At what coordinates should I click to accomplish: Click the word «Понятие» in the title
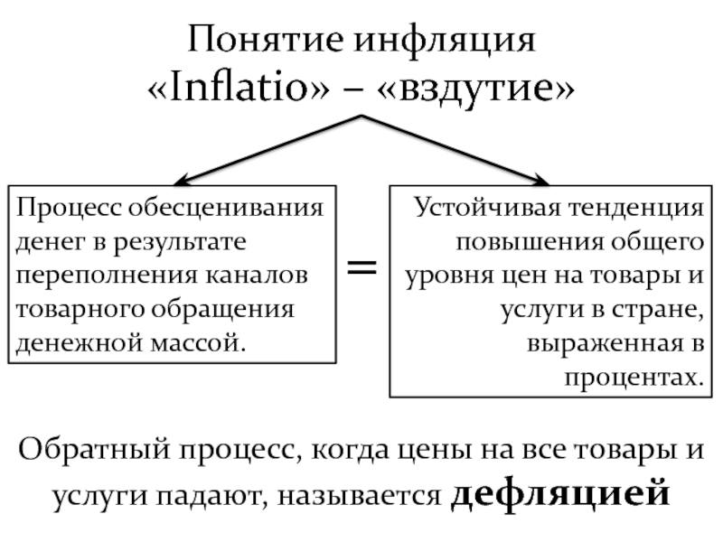pos(265,42)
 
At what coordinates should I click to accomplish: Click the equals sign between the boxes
pos(363,266)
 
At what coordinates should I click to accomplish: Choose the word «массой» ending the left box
pos(200,342)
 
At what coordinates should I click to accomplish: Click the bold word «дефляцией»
pos(560,493)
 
